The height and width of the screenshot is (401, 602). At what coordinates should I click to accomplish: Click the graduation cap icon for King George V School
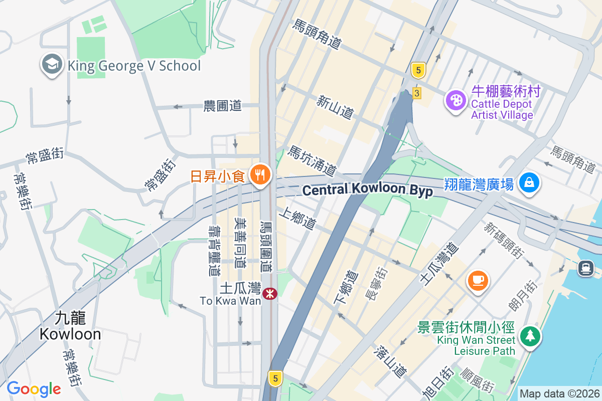(x=52, y=65)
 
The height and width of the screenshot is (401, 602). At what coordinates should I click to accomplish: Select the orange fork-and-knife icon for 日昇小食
(x=259, y=175)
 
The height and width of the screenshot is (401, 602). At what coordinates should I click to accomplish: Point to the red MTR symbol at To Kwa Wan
(x=270, y=293)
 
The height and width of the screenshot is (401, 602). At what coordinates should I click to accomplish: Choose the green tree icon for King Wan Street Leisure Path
(x=529, y=335)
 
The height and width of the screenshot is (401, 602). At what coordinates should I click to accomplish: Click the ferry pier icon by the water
(x=585, y=268)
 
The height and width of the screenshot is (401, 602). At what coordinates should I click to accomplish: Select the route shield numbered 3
(x=416, y=93)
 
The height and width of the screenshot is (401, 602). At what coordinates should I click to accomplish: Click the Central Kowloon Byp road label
(x=368, y=190)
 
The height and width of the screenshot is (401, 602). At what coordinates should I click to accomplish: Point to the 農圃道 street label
(x=222, y=106)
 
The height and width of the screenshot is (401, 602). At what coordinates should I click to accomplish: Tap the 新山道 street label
(x=335, y=107)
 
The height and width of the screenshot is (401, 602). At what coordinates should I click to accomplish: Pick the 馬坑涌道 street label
(x=311, y=161)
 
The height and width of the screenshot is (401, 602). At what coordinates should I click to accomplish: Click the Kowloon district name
(x=70, y=326)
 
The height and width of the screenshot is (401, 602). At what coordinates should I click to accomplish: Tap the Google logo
(x=34, y=389)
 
